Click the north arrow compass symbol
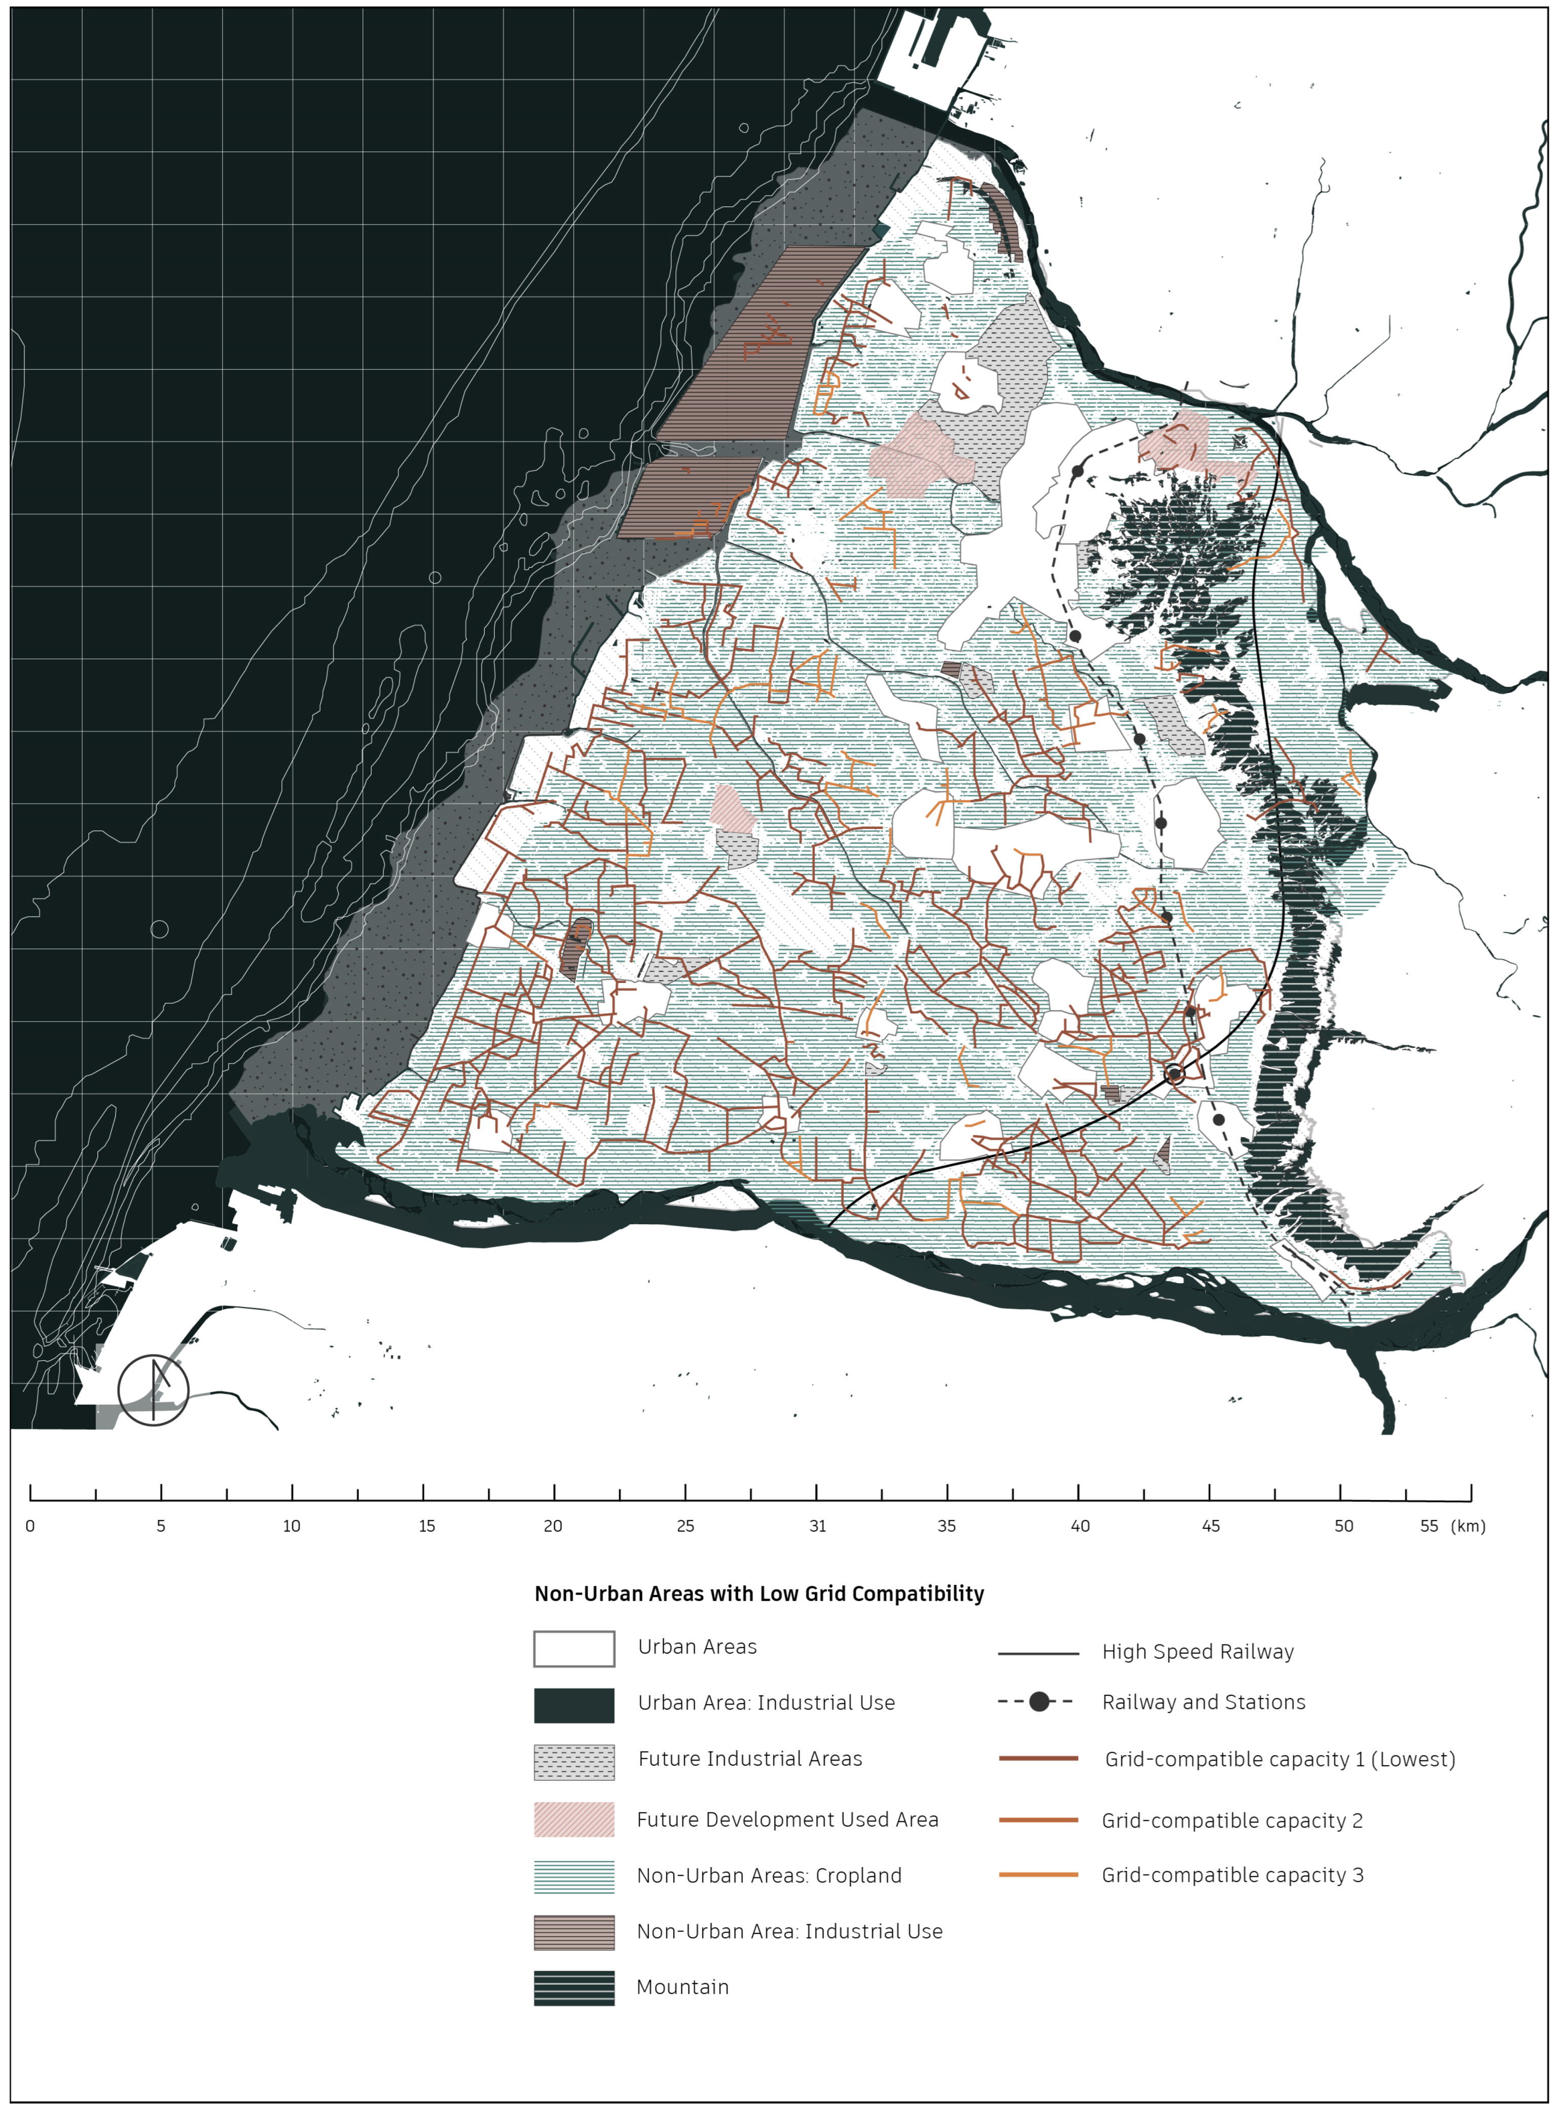[153, 1390]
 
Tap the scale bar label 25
[685, 1526]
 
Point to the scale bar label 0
[30, 1526]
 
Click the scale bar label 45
[1210, 1526]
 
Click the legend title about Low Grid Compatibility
[759, 1594]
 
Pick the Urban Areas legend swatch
[574, 1649]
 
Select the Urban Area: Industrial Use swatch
[574, 1705]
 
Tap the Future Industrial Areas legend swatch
[574, 1762]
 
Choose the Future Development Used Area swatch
[574, 1818]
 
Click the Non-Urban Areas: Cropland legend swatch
[574, 1876]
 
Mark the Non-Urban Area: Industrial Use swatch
[574, 1932]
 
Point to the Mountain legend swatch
[574, 1987]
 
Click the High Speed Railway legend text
[1198, 1652]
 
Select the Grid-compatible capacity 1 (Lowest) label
[1280, 1759]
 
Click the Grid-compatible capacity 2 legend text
[1231, 1820]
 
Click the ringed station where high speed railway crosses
[1174, 1074]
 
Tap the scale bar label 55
[1429, 1526]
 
